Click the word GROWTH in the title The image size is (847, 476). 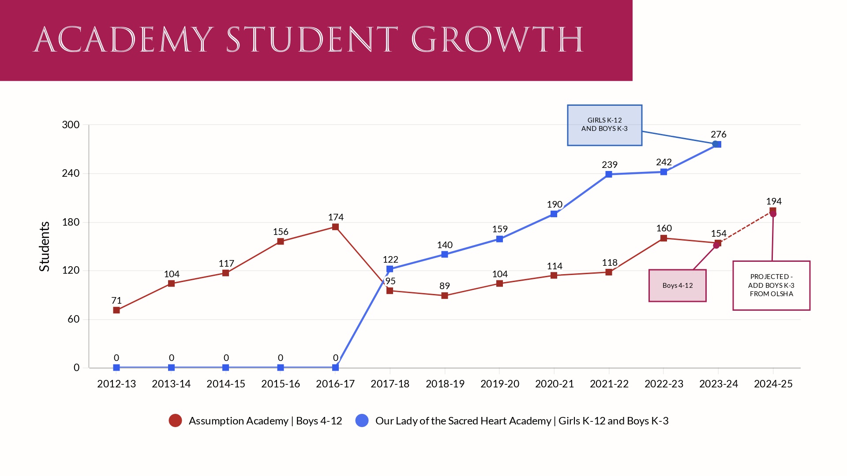[x=497, y=40]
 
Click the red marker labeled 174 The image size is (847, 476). [x=335, y=227]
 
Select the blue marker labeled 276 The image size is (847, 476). [x=718, y=144]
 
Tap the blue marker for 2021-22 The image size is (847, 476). [x=609, y=175]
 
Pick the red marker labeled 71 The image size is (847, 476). [x=116, y=310]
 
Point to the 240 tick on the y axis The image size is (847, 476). [x=71, y=173]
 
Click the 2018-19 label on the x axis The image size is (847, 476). [x=445, y=384]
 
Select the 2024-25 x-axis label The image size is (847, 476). [x=773, y=384]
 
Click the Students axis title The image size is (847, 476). [x=45, y=246]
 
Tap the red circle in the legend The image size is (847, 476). [x=175, y=420]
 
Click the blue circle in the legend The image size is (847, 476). [x=362, y=420]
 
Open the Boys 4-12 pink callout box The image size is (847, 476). [x=677, y=286]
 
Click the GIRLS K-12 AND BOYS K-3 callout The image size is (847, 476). [x=604, y=125]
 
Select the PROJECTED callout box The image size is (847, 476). [x=771, y=286]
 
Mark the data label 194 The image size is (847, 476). [x=774, y=201]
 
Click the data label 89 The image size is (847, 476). [x=445, y=286]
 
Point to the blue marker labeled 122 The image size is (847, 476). [x=390, y=269]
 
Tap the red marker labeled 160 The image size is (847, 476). [x=663, y=238]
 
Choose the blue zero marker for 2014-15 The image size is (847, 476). [x=226, y=368]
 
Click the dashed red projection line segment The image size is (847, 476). [x=746, y=227]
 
